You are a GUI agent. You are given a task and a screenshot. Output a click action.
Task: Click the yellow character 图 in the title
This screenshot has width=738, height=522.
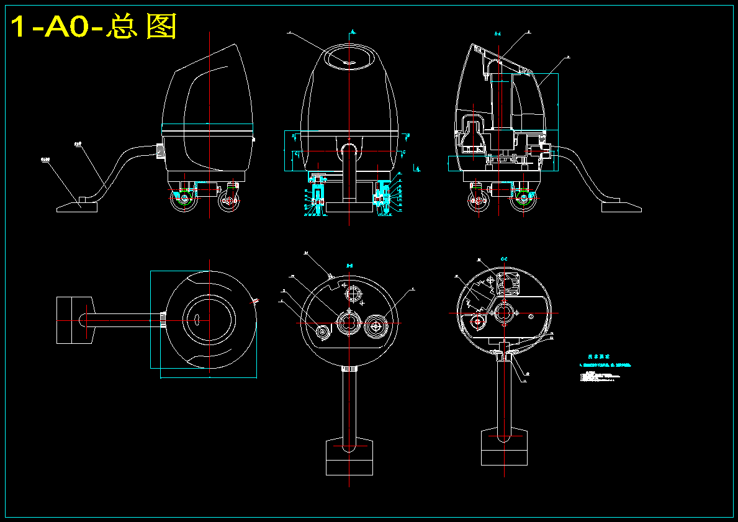161,27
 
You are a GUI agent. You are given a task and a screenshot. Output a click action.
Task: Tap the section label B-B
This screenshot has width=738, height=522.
349,266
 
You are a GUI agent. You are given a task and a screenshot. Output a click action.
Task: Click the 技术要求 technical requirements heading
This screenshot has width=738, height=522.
598,357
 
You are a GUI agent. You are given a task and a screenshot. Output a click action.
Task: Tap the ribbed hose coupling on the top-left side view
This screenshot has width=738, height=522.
160,151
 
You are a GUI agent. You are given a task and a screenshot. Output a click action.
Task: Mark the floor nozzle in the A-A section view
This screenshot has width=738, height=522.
620,205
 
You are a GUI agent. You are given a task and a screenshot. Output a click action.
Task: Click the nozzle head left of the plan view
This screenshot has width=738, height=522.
74,320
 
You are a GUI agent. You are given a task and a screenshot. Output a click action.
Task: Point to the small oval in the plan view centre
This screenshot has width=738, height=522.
195,320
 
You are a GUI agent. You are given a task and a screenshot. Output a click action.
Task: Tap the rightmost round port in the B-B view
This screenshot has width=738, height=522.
377,324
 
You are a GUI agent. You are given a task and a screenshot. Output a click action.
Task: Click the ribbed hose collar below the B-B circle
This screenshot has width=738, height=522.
349,369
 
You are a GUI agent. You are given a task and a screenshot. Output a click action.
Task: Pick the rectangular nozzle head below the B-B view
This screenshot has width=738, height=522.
349,457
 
